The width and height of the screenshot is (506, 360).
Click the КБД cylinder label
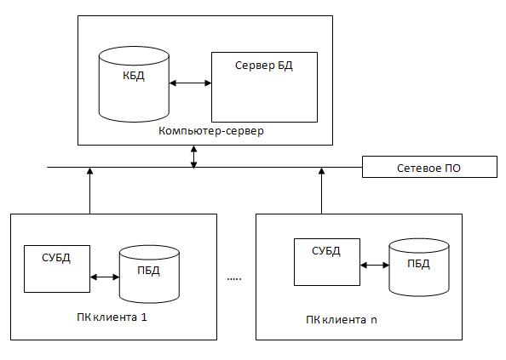[x=134, y=76]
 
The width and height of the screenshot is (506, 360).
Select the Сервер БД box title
[x=264, y=66]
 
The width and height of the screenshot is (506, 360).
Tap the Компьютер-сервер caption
[x=211, y=131]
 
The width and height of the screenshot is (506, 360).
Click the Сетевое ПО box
[x=429, y=167]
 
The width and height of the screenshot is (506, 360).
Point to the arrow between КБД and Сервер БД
[x=191, y=83]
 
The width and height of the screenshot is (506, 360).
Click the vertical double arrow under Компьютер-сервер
[x=193, y=157]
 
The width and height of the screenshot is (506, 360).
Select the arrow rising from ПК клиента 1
[x=90, y=191]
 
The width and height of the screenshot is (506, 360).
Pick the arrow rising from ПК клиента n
[x=321, y=191]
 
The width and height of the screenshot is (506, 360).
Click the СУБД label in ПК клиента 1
[x=56, y=258]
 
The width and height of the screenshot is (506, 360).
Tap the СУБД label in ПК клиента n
[x=326, y=251]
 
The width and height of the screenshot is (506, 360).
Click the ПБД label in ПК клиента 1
[x=148, y=270]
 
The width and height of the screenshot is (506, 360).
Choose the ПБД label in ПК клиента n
[x=418, y=264]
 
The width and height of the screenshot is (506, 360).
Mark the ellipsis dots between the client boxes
[x=234, y=278]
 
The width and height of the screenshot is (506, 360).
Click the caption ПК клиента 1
[x=112, y=317]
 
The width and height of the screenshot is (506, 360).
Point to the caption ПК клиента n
[x=342, y=320]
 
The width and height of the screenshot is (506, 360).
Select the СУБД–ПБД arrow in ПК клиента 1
[x=105, y=277]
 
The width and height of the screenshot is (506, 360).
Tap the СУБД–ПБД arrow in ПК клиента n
[x=375, y=266]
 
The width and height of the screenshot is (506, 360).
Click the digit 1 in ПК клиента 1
[x=144, y=317]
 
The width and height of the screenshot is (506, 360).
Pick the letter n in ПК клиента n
[x=374, y=320]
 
